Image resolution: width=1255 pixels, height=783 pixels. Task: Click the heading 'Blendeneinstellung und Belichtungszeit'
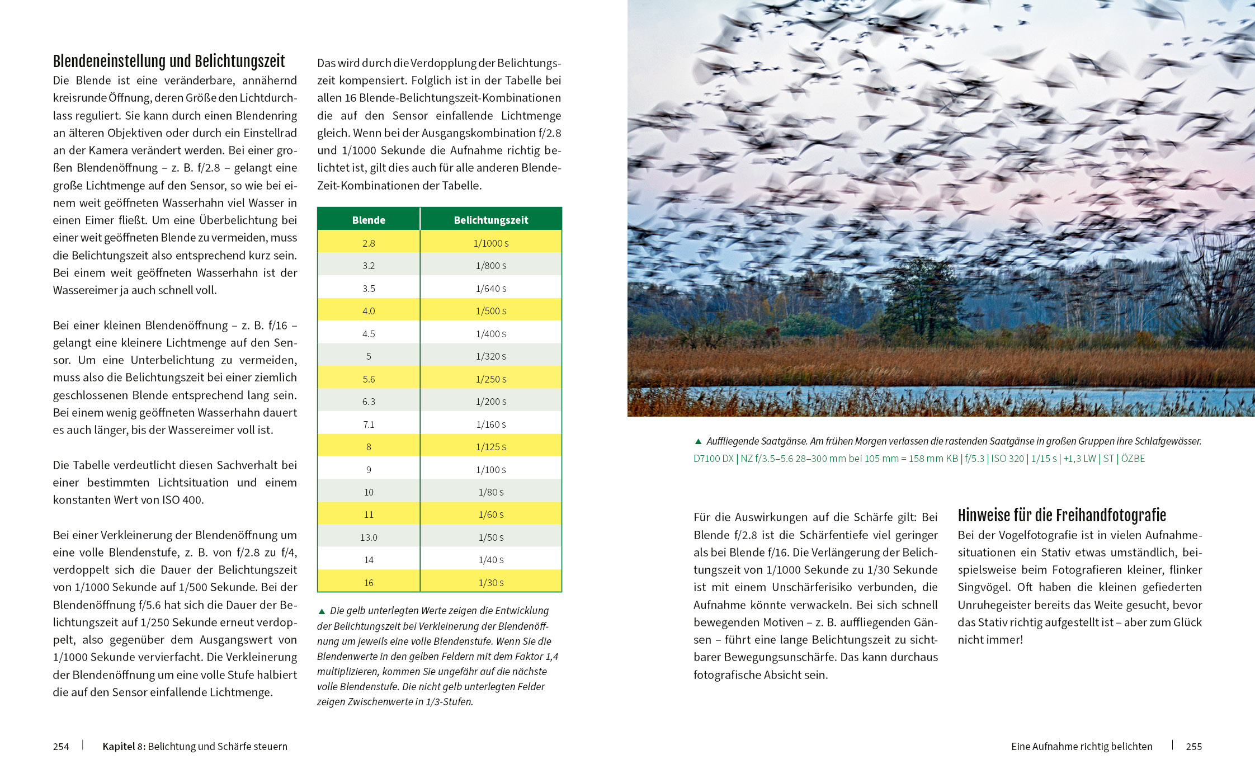(x=169, y=62)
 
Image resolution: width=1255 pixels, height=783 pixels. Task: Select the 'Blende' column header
(x=369, y=220)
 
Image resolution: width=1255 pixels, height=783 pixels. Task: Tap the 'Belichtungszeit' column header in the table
(x=490, y=220)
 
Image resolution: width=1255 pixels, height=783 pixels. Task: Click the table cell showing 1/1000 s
(x=490, y=243)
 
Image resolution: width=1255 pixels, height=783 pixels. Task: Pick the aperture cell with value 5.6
(x=369, y=379)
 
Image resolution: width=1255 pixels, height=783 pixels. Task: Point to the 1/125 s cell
(x=490, y=447)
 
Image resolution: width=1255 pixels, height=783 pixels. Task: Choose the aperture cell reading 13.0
(x=369, y=537)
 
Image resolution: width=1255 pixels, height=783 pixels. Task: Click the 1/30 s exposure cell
(x=490, y=583)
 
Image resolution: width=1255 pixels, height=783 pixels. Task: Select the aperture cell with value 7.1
(x=369, y=424)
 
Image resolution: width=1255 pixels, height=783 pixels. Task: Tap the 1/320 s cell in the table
(x=490, y=356)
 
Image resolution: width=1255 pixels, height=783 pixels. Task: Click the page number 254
(x=61, y=747)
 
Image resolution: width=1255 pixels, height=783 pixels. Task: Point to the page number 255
(x=1193, y=747)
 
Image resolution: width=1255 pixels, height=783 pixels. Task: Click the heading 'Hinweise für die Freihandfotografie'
(x=1061, y=516)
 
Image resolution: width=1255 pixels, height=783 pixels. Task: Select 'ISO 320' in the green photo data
(x=1007, y=459)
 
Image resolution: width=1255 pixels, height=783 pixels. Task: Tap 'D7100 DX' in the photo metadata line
(x=713, y=459)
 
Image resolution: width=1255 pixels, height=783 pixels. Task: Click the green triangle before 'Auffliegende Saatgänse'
(x=697, y=441)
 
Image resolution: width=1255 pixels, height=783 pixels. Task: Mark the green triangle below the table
(x=321, y=611)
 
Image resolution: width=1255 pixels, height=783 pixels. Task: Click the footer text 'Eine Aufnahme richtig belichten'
(x=1082, y=747)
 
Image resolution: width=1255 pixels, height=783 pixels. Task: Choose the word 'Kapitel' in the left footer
(x=119, y=747)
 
